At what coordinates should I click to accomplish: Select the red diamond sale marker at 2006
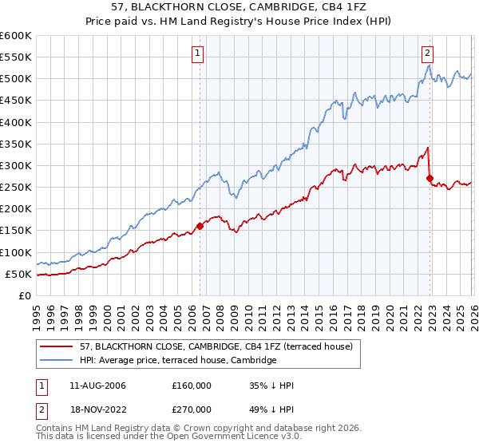pos(200,226)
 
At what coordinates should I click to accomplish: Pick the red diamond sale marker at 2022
pos(430,178)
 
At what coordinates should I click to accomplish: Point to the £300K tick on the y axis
pos(16,166)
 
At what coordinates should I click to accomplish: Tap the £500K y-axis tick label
pos(16,79)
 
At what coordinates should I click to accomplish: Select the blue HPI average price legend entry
pos(177,360)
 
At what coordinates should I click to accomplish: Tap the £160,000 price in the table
pos(192,386)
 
